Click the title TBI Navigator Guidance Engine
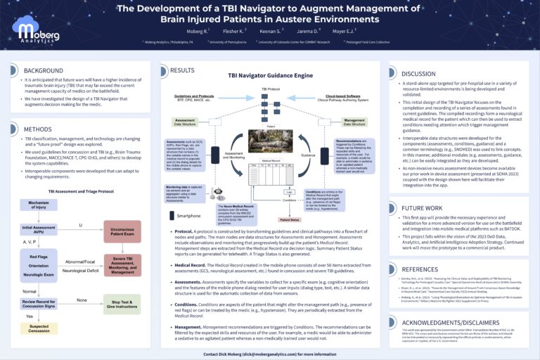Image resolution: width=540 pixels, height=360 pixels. click(x=271, y=75)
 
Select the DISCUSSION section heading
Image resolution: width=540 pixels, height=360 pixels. click(x=418, y=73)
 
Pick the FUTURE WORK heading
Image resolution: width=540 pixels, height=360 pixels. click(x=421, y=208)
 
